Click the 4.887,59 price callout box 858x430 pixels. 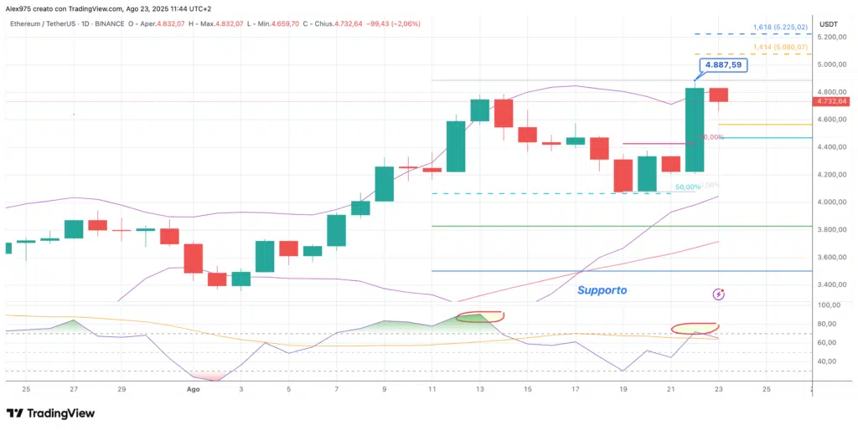click(x=721, y=64)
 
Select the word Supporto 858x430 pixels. click(x=602, y=290)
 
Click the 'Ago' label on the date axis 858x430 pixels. click(x=193, y=389)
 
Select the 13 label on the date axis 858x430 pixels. click(x=480, y=389)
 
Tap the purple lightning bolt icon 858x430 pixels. click(x=718, y=294)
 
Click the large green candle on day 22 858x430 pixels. click(x=695, y=130)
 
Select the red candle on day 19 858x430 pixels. click(x=623, y=176)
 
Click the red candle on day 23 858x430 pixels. click(x=718, y=95)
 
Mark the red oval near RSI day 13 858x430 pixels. click(x=480, y=316)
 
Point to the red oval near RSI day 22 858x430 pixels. click(x=695, y=328)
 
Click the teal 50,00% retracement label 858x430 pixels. click(x=687, y=187)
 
